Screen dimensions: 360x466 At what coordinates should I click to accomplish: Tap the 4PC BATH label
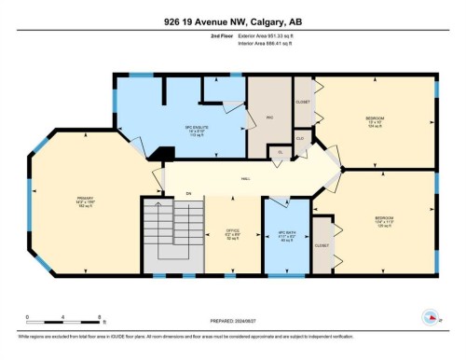[277, 234]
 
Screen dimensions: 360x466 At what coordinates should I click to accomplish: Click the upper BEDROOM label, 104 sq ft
[374, 120]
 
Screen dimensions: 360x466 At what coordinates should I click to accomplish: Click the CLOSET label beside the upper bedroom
[303, 101]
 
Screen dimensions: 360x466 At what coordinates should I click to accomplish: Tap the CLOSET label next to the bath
[323, 247]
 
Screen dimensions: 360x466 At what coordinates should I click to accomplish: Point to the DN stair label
[188, 193]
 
